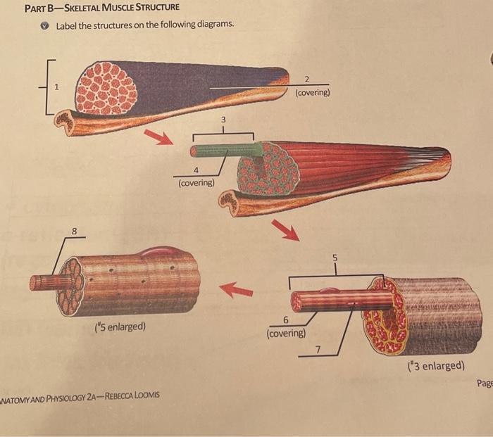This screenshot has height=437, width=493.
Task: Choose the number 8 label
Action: tap(74, 229)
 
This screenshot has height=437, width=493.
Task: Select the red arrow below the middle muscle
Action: tap(285, 229)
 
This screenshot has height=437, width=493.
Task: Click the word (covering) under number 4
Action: tap(196, 183)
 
